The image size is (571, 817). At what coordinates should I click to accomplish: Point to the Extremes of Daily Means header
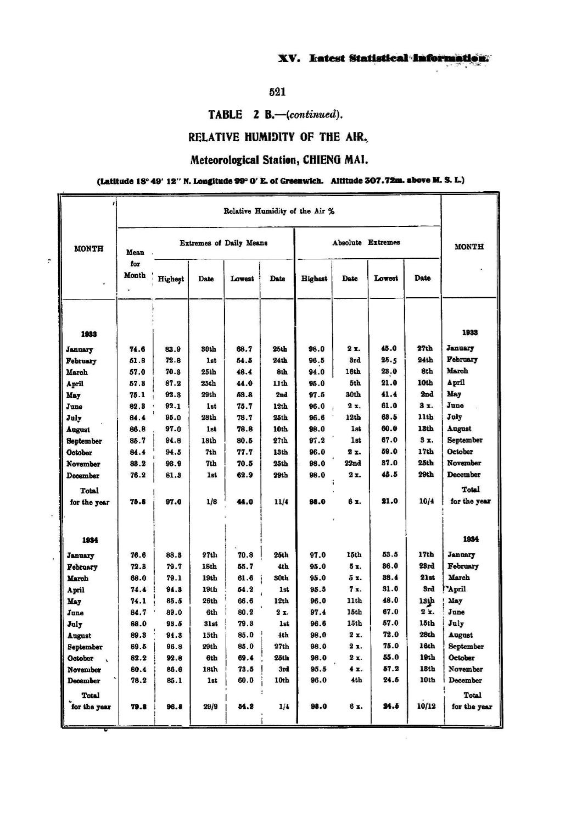[223, 243]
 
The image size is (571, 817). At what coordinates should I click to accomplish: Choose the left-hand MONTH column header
[88, 248]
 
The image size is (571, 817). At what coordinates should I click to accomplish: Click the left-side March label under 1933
[77, 372]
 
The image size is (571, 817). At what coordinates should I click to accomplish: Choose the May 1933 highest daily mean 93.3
[173, 394]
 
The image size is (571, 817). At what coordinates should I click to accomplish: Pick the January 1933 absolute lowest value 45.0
[389, 348]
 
